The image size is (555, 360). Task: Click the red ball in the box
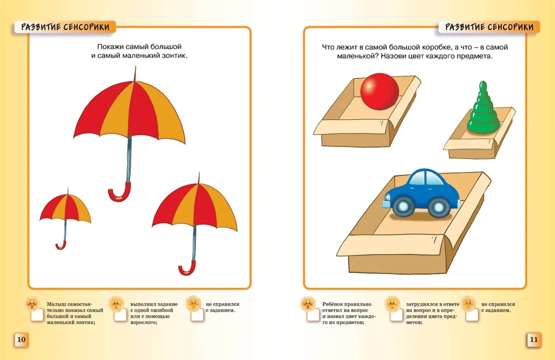(x=379, y=91)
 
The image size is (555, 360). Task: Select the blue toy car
(x=422, y=193)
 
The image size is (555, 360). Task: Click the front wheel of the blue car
(x=403, y=206)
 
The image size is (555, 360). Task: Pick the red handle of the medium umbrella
(x=187, y=268)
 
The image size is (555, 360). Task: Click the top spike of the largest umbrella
(x=135, y=73)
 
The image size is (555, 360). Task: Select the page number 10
(x=21, y=339)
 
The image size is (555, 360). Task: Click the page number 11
(x=534, y=339)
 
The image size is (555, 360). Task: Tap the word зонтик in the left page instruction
(x=174, y=56)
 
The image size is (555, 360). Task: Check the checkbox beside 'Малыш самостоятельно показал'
(x=37, y=315)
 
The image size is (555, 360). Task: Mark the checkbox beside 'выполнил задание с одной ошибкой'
(x=120, y=315)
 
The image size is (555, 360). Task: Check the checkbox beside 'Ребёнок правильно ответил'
(x=313, y=315)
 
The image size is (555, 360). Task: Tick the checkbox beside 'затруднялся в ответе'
(x=396, y=315)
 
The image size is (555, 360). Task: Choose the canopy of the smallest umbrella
(x=66, y=207)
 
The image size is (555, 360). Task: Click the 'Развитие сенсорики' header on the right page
(x=489, y=27)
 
